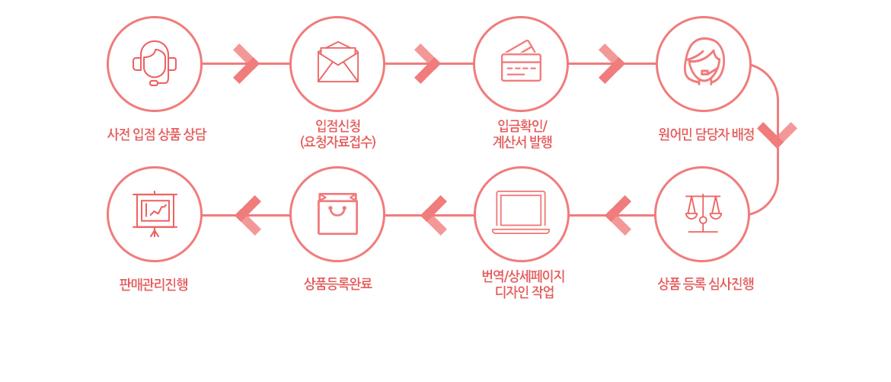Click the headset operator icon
coord(155,63)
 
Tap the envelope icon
coord(338,62)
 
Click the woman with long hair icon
coord(704,62)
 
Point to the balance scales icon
coord(703,213)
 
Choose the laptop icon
coord(521,212)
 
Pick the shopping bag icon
coord(337,213)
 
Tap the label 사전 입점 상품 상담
coord(157,135)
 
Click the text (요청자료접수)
coord(338,142)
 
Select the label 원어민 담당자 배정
coord(706,135)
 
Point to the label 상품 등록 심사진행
coord(706,284)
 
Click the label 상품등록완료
coord(338,284)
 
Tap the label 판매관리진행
coord(154,284)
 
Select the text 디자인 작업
coord(522,294)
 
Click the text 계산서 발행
coord(522,142)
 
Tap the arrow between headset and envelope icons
coord(247,64)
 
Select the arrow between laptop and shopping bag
coord(433,215)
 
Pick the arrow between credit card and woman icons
coord(612,64)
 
